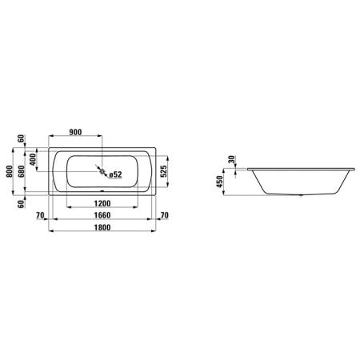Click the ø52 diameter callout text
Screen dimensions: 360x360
coord(115,174)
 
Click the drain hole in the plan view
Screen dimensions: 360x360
coord(102,169)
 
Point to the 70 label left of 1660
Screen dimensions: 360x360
coord(39,215)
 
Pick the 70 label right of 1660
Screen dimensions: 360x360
coord(164,215)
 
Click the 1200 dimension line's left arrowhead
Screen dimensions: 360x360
coord(68,210)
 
